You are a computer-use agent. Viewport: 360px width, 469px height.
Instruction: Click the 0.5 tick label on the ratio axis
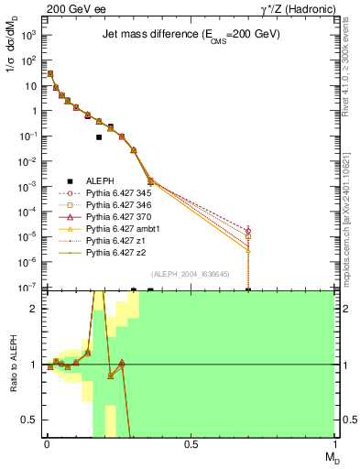click(x=29, y=420)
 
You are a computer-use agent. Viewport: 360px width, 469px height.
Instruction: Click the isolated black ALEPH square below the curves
click(x=99, y=137)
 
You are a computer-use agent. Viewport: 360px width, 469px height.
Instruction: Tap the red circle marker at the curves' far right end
click(x=248, y=230)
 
